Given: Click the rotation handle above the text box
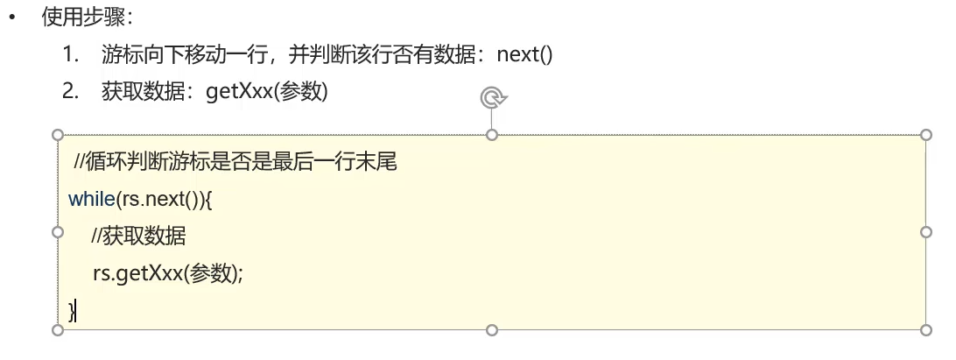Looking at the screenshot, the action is [493, 97].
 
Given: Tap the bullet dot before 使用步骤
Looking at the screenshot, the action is [12, 18].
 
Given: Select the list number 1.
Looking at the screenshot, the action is [69, 54].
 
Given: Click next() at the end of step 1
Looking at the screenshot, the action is [524, 54].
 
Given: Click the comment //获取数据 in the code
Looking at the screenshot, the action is [137, 236].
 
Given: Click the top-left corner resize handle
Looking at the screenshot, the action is [58, 135].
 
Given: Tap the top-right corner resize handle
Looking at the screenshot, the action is [927, 135].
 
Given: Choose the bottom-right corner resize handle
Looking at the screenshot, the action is [927, 330].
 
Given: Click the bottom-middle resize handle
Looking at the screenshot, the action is [492, 330].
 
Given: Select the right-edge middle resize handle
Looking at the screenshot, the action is [927, 232].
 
